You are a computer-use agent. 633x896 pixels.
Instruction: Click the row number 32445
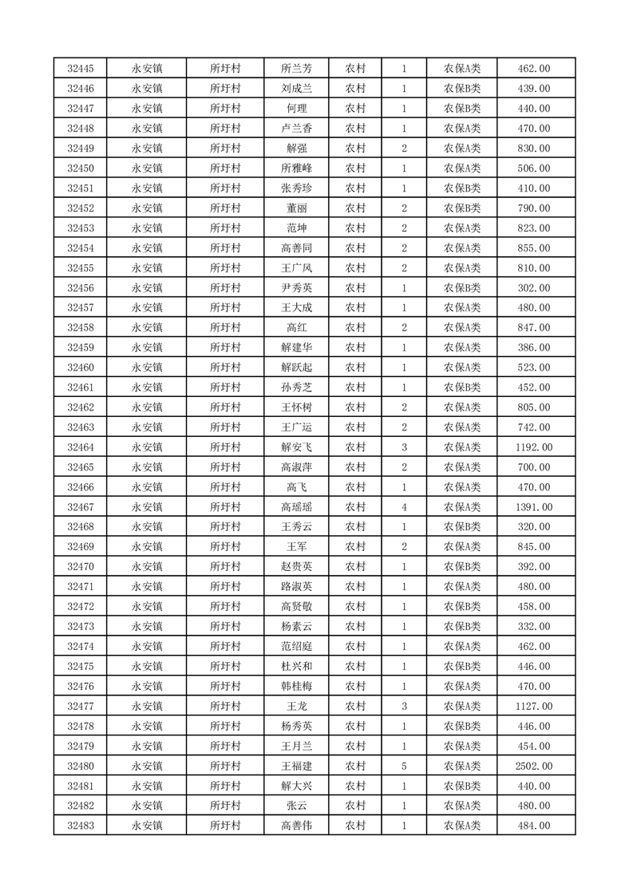[81, 69]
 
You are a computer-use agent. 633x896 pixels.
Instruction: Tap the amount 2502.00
[533, 766]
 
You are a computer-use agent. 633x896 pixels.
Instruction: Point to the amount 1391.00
[533, 507]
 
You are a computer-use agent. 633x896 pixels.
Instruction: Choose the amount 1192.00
[533, 447]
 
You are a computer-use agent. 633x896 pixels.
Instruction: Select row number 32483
[81, 826]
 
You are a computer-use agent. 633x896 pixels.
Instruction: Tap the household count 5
[405, 766]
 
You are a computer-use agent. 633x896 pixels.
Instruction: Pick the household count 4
[405, 507]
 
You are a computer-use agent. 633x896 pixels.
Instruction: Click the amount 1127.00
[533, 706]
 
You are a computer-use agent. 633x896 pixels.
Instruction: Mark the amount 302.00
[533, 287]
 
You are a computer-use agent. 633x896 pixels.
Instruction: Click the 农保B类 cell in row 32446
[462, 89]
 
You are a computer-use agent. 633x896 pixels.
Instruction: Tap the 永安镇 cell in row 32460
[147, 367]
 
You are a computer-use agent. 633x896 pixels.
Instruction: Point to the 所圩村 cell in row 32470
[225, 567]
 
